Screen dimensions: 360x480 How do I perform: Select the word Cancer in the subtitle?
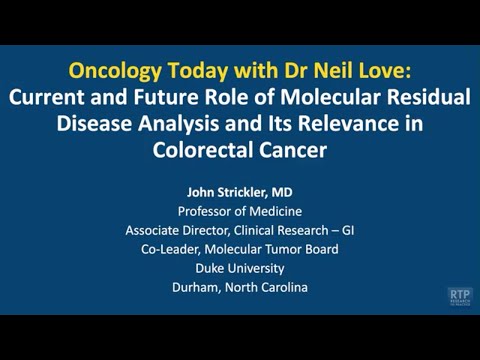[x=289, y=150]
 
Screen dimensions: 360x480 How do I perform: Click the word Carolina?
[x=279, y=287]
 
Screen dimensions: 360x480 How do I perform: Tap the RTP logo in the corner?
[x=461, y=297]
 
